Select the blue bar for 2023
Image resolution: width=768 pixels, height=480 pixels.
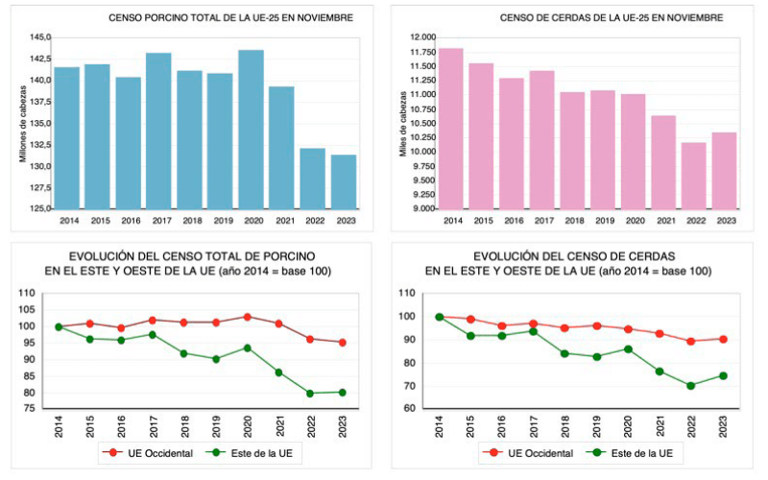point(344,181)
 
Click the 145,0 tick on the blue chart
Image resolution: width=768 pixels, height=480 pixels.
point(40,37)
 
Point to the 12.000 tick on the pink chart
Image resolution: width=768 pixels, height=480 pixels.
point(422,37)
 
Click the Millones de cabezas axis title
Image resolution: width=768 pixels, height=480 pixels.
point(23,122)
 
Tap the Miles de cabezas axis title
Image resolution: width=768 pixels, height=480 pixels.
point(404,122)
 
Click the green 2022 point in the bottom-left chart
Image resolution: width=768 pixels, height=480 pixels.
point(310,393)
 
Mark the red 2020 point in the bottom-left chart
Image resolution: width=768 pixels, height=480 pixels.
point(247,317)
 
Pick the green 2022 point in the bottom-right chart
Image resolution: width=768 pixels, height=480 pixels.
point(689,386)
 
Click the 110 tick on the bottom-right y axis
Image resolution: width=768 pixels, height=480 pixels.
point(411,294)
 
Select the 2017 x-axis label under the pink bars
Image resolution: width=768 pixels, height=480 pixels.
point(544,221)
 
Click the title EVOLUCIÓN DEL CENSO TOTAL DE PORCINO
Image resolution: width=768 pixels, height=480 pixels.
point(192,256)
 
